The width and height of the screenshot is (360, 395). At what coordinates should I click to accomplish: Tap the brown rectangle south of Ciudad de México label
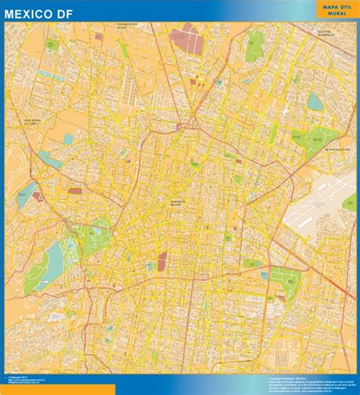pyautogui.click(x=162, y=261)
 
